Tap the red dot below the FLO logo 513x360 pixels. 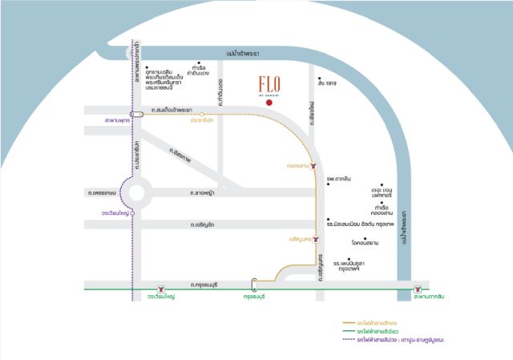click(270, 103)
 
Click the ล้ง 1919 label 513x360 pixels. click(326, 84)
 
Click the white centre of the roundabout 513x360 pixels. click(137, 193)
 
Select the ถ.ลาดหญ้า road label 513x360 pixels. click(202, 192)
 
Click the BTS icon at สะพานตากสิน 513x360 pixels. click(417, 287)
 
